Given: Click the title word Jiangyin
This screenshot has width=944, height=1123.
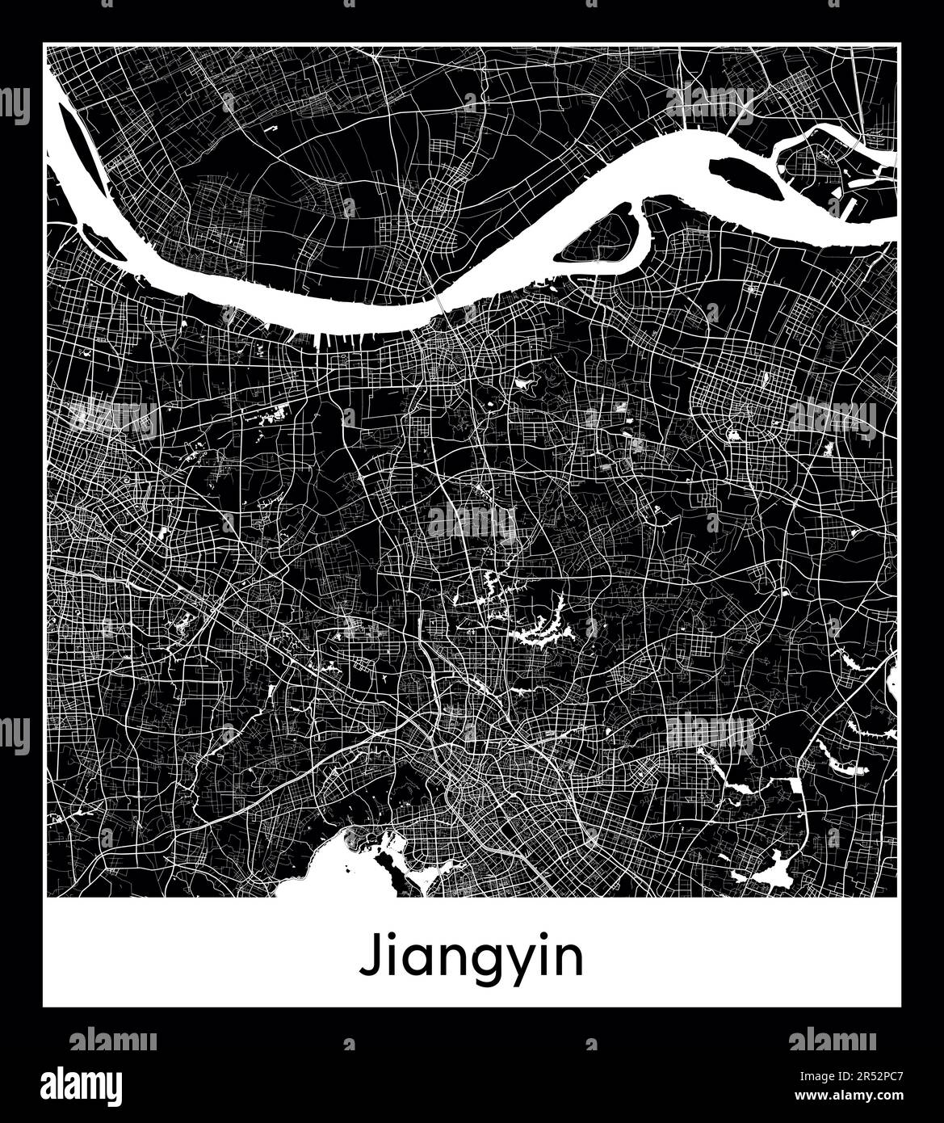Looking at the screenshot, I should click(x=471, y=958).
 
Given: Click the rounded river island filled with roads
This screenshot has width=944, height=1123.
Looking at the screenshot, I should click(x=608, y=234).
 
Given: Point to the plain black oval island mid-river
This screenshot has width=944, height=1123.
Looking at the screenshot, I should click(x=745, y=179).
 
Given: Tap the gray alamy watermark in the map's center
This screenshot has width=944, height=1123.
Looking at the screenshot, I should click(x=472, y=520).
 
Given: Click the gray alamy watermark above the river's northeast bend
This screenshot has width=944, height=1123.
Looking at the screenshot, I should click(x=711, y=100).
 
